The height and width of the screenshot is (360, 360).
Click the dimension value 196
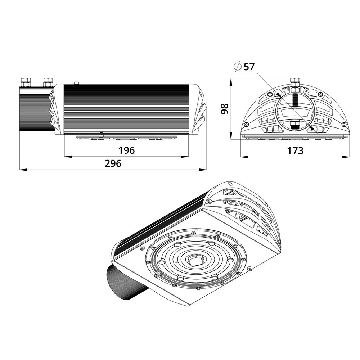click(x=126, y=150)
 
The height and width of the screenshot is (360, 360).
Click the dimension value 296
click(x=113, y=164)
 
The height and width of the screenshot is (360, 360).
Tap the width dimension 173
click(x=295, y=150)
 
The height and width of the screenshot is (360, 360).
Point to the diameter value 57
click(x=249, y=67)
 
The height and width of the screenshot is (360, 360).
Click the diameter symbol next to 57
click(x=237, y=66)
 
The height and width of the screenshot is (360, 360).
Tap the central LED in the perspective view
click(x=195, y=260)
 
